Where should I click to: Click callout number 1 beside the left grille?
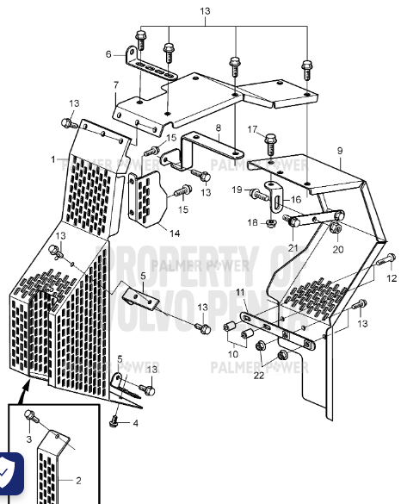[52, 159]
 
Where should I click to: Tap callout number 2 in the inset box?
[78, 481]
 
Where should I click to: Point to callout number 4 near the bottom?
[135, 423]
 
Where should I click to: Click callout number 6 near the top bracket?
[109, 54]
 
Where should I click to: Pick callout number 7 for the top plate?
[115, 84]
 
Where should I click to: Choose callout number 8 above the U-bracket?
[219, 128]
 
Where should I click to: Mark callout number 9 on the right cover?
[339, 152]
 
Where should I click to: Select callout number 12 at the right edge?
[392, 278]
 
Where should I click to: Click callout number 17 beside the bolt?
[253, 129]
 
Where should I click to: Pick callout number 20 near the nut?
[337, 250]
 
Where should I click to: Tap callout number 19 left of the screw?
[236, 190]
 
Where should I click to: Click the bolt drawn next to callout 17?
[271, 140]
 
